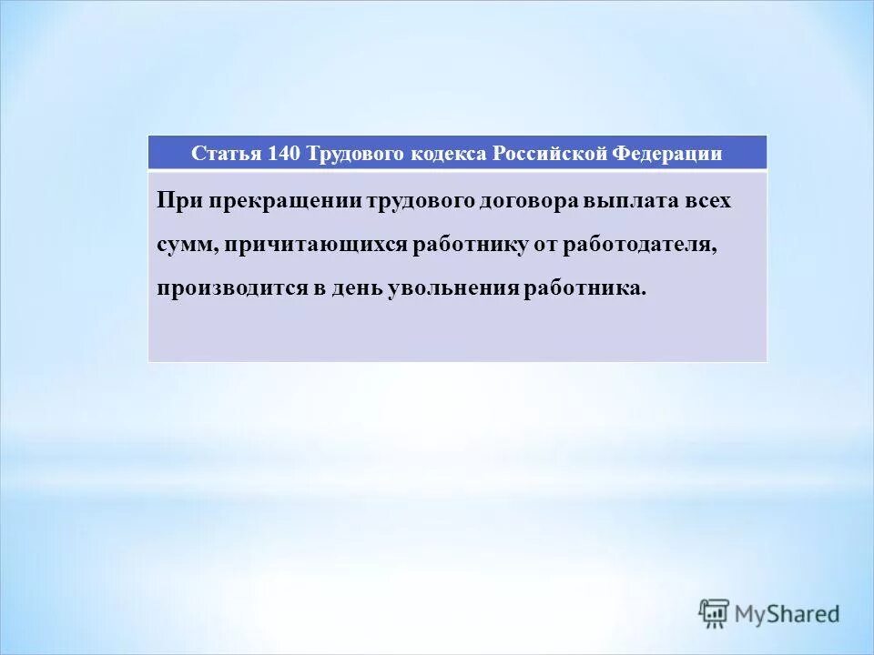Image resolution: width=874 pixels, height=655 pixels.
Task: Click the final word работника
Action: click(x=584, y=289)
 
